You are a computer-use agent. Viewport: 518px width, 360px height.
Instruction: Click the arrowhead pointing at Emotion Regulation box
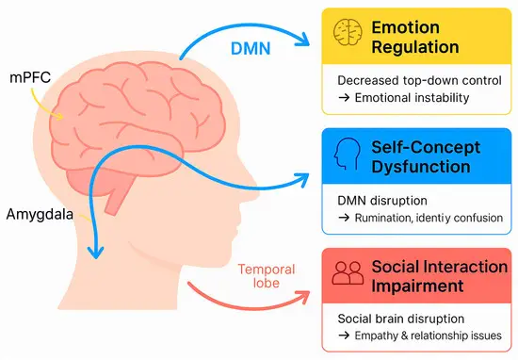pos(310,41)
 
